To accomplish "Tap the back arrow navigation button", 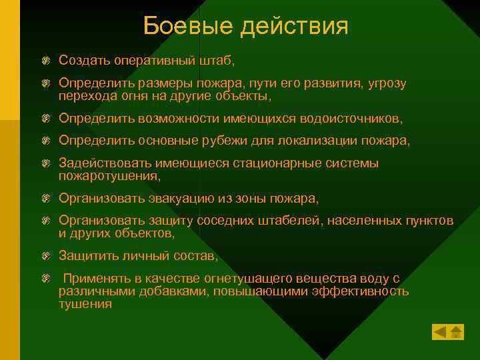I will pos(439,331).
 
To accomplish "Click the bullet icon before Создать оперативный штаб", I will pos(45,61).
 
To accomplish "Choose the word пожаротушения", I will pos(109,176).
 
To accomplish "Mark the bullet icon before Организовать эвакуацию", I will pos(45,199).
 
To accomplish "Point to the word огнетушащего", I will pos(221,279).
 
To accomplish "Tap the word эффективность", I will pos(360,291).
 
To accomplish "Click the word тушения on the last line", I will pos(85,304).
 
